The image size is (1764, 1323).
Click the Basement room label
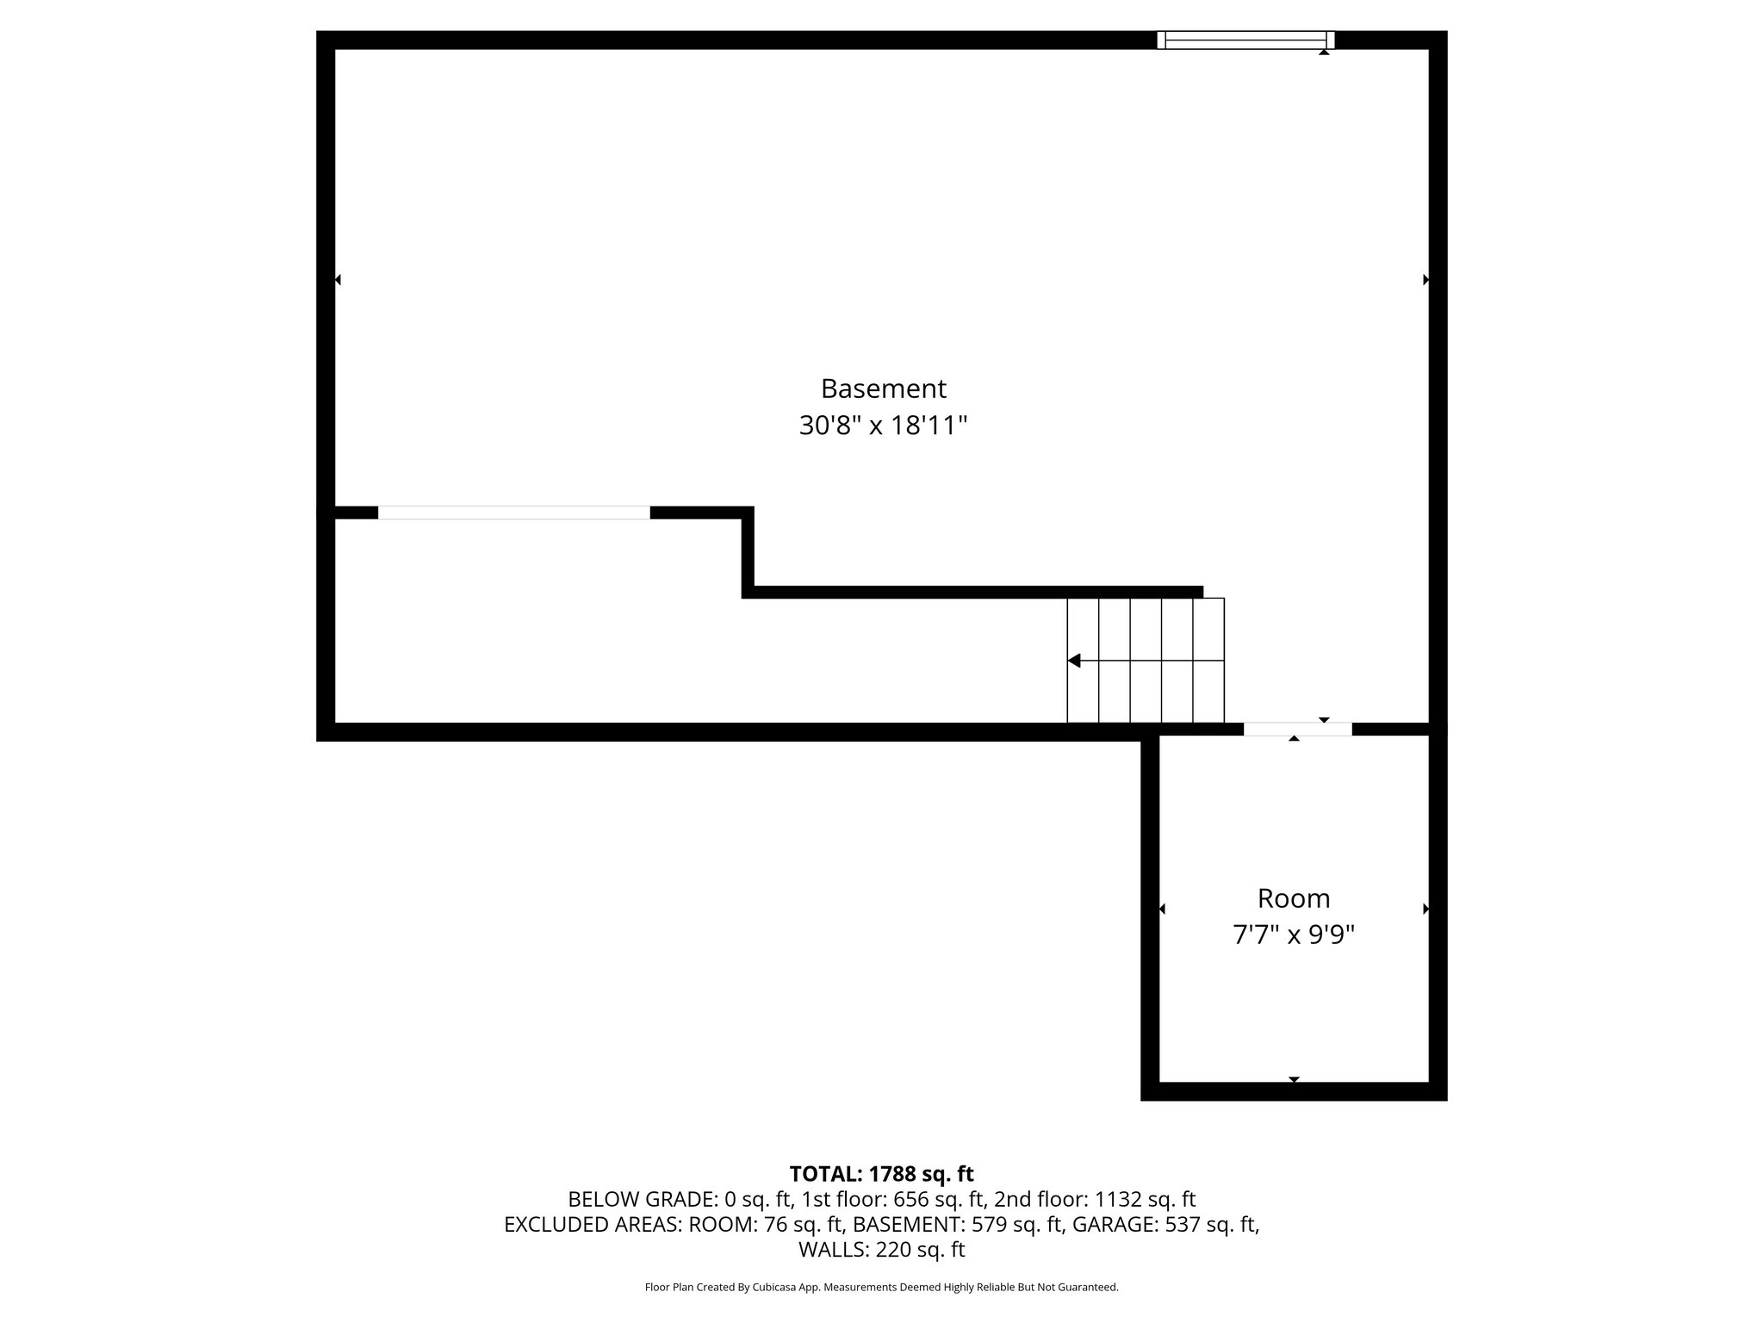point(883,388)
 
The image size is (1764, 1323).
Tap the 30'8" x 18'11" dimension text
point(883,425)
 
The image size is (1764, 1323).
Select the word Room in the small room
point(1294,898)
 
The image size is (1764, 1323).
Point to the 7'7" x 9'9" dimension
point(1294,935)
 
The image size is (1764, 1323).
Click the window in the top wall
point(1245,40)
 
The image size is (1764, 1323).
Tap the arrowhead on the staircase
point(1074,661)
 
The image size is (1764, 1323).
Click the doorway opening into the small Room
point(1297,730)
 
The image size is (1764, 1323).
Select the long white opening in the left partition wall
point(513,512)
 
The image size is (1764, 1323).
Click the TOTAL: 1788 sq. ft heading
point(881,1174)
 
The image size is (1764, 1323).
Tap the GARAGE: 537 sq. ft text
point(1165,1224)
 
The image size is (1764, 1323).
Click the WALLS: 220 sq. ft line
point(881,1249)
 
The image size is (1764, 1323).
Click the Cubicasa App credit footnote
point(881,1287)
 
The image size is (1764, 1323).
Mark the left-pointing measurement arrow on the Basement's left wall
point(338,279)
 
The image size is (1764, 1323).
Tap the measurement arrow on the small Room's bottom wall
point(1294,1079)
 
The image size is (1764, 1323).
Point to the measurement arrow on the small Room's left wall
point(1162,909)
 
